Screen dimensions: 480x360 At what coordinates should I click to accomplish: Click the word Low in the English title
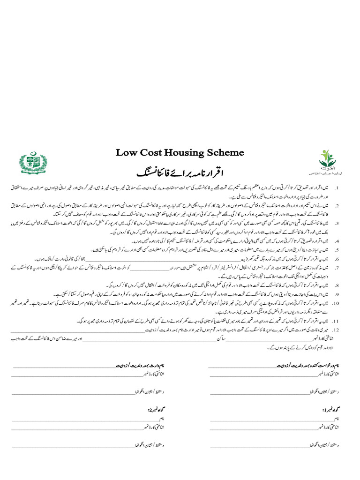(x=126, y=153)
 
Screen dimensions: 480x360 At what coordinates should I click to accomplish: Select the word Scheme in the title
(x=227, y=153)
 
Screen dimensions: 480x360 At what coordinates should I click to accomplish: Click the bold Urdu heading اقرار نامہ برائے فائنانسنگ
(x=179, y=169)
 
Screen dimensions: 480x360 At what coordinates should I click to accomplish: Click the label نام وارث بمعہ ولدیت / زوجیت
(x=141, y=365)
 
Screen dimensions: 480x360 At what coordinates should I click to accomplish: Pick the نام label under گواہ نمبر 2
(x=161, y=418)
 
